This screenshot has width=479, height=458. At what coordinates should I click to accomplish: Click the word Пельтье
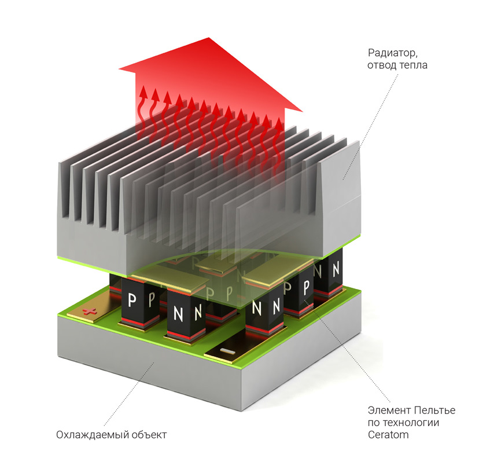tap(431, 411)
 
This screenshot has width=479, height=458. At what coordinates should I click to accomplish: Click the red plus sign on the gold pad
tap(88, 312)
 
